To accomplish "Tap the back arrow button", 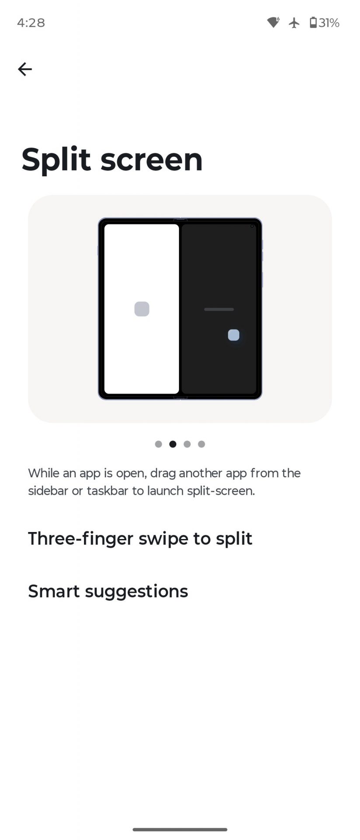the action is [25, 69].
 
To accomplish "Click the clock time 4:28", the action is [31, 23].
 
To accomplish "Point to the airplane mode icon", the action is [294, 23].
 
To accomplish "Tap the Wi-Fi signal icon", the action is [273, 22].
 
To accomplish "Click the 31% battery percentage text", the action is [329, 23].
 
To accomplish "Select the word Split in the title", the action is [56, 160].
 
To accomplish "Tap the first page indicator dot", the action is [158, 444].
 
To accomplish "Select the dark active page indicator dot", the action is [173, 444].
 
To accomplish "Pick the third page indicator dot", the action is [187, 444].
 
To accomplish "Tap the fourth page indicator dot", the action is [202, 444].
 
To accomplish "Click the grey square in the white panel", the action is [142, 309].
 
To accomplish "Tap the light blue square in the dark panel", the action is [234, 335].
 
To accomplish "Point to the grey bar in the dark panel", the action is [219, 309].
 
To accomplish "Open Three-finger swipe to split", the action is [140, 539].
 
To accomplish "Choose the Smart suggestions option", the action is [108, 591].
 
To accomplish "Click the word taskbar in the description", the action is [108, 491].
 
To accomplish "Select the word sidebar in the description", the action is [49, 491].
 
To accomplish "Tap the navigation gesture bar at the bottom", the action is [180, 829].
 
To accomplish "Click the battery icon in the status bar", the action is [313, 23].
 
